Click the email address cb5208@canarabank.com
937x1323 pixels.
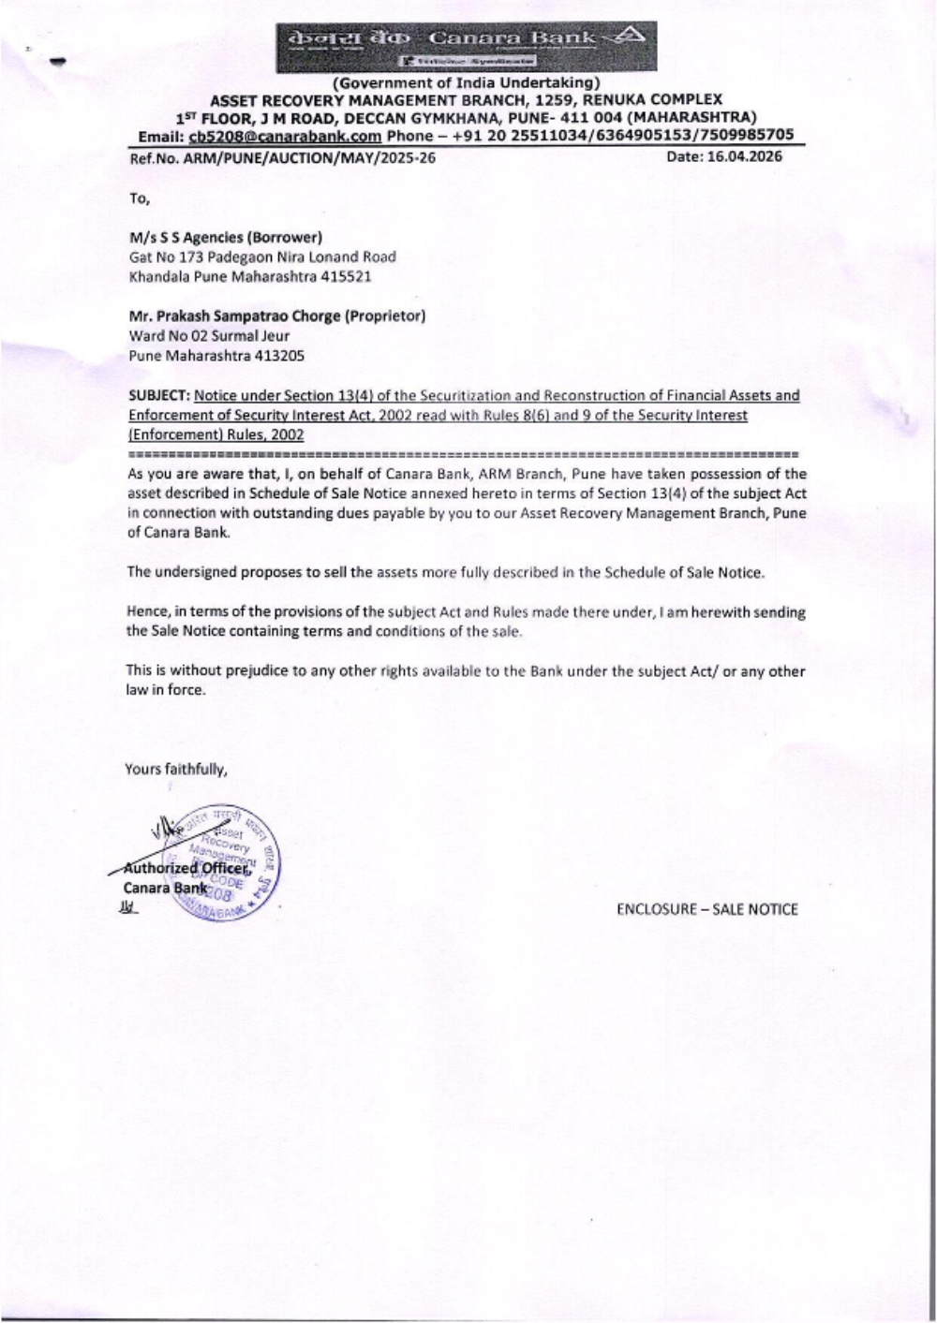(285, 136)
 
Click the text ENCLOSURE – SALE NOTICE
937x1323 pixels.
(706, 909)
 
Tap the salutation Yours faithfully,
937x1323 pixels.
(176, 770)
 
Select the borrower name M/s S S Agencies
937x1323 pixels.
(187, 238)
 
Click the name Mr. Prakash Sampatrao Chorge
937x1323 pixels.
(234, 316)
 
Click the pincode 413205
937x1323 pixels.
(281, 356)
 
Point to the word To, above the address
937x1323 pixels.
(139, 198)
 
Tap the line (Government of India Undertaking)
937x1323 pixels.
(466, 83)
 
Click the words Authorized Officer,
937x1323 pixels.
(188, 868)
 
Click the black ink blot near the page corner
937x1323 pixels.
(58, 62)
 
